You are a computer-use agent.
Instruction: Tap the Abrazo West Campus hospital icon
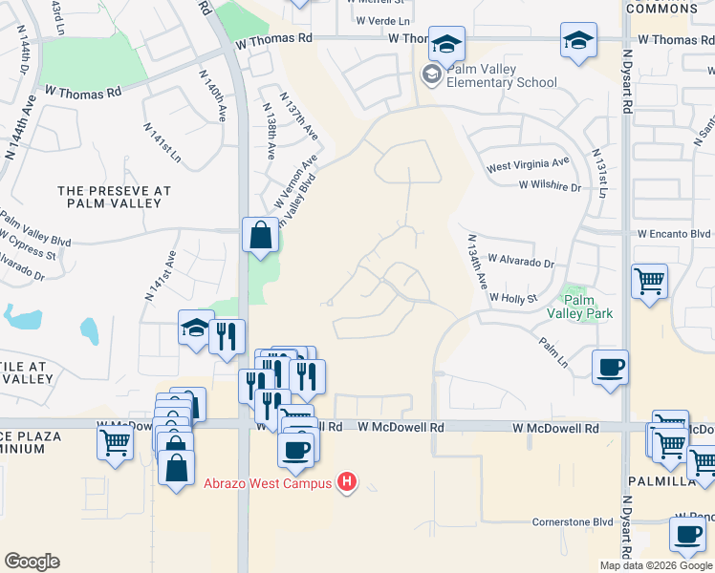(x=348, y=483)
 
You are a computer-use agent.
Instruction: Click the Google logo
(x=32, y=562)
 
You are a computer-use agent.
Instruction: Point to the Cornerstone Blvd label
(x=572, y=522)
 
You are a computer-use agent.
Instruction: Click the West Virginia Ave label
(x=528, y=165)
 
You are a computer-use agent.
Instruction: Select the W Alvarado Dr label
(x=521, y=260)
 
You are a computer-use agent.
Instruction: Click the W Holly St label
(x=513, y=298)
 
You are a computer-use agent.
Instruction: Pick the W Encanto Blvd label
(x=675, y=233)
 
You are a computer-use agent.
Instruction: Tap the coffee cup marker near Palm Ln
(x=610, y=368)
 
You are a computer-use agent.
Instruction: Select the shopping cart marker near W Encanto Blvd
(x=650, y=281)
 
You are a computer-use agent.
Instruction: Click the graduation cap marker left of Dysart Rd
(x=577, y=41)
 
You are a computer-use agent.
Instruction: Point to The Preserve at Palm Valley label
(x=114, y=198)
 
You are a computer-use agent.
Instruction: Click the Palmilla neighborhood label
(x=661, y=480)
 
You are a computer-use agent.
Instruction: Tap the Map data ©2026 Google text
(x=656, y=565)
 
